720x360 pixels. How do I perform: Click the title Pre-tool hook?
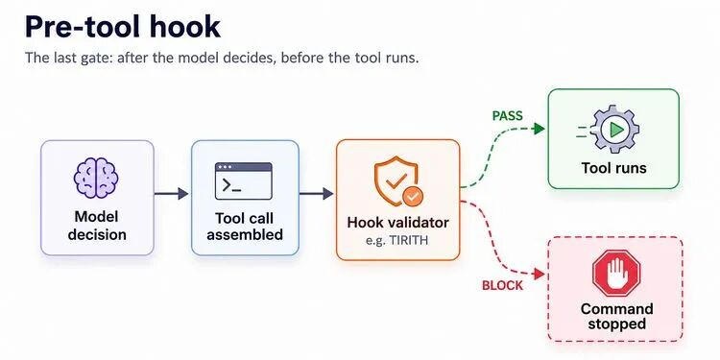pyautogui.click(x=123, y=27)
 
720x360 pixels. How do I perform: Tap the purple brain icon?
pyautogui.click(x=96, y=178)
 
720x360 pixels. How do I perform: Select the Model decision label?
pyautogui.click(x=97, y=226)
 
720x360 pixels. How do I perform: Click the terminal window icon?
pyautogui.click(x=244, y=180)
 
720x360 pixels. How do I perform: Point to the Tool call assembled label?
pyautogui.click(x=245, y=227)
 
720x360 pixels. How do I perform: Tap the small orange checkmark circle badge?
pyautogui.click(x=413, y=197)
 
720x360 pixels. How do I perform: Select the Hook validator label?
pyautogui.click(x=397, y=223)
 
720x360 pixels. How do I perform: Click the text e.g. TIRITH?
pyautogui.click(x=397, y=240)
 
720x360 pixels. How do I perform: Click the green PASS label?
pyautogui.click(x=508, y=116)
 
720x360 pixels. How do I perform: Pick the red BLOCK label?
pyautogui.click(x=502, y=286)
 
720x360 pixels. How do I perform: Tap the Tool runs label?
pyautogui.click(x=614, y=168)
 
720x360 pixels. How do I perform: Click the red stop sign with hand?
pyautogui.click(x=615, y=274)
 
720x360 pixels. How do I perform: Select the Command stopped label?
pyautogui.click(x=616, y=316)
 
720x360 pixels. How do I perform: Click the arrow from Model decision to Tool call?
pyautogui.click(x=171, y=194)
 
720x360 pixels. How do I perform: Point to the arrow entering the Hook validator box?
pyautogui.click(x=317, y=194)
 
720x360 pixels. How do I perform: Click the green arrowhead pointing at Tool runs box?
pyautogui.click(x=540, y=129)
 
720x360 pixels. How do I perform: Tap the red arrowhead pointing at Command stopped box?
pyautogui.click(x=540, y=275)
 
